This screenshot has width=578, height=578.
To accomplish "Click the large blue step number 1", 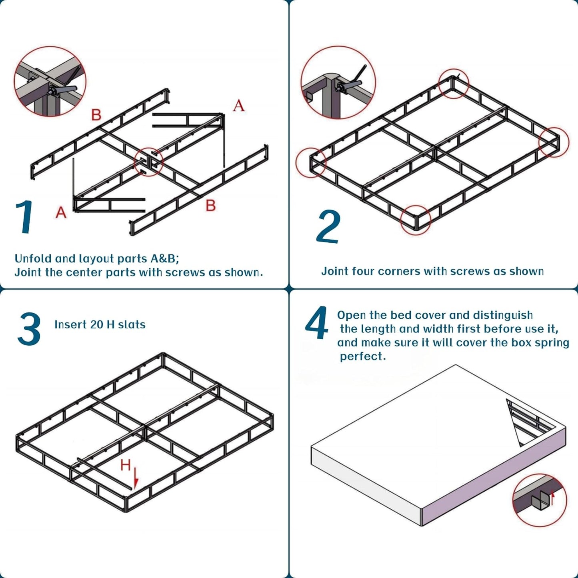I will click(x=25, y=217).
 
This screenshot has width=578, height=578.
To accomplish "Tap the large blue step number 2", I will click(x=328, y=226).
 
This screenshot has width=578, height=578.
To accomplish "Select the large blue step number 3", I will click(x=29, y=329).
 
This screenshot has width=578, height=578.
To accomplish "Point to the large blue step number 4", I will click(x=316, y=323).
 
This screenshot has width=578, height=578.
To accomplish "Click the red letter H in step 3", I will click(x=125, y=465).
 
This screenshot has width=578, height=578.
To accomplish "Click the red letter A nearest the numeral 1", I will click(x=61, y=212).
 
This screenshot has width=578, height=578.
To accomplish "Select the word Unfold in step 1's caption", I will click(x=33, y=258).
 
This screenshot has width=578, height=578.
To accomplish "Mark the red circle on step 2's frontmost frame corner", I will click(x=416, y=220).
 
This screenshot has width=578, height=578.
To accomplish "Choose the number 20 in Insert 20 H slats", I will click(x=97, y=324).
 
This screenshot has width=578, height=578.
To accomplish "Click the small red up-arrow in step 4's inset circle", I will click(x=553, y=497).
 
